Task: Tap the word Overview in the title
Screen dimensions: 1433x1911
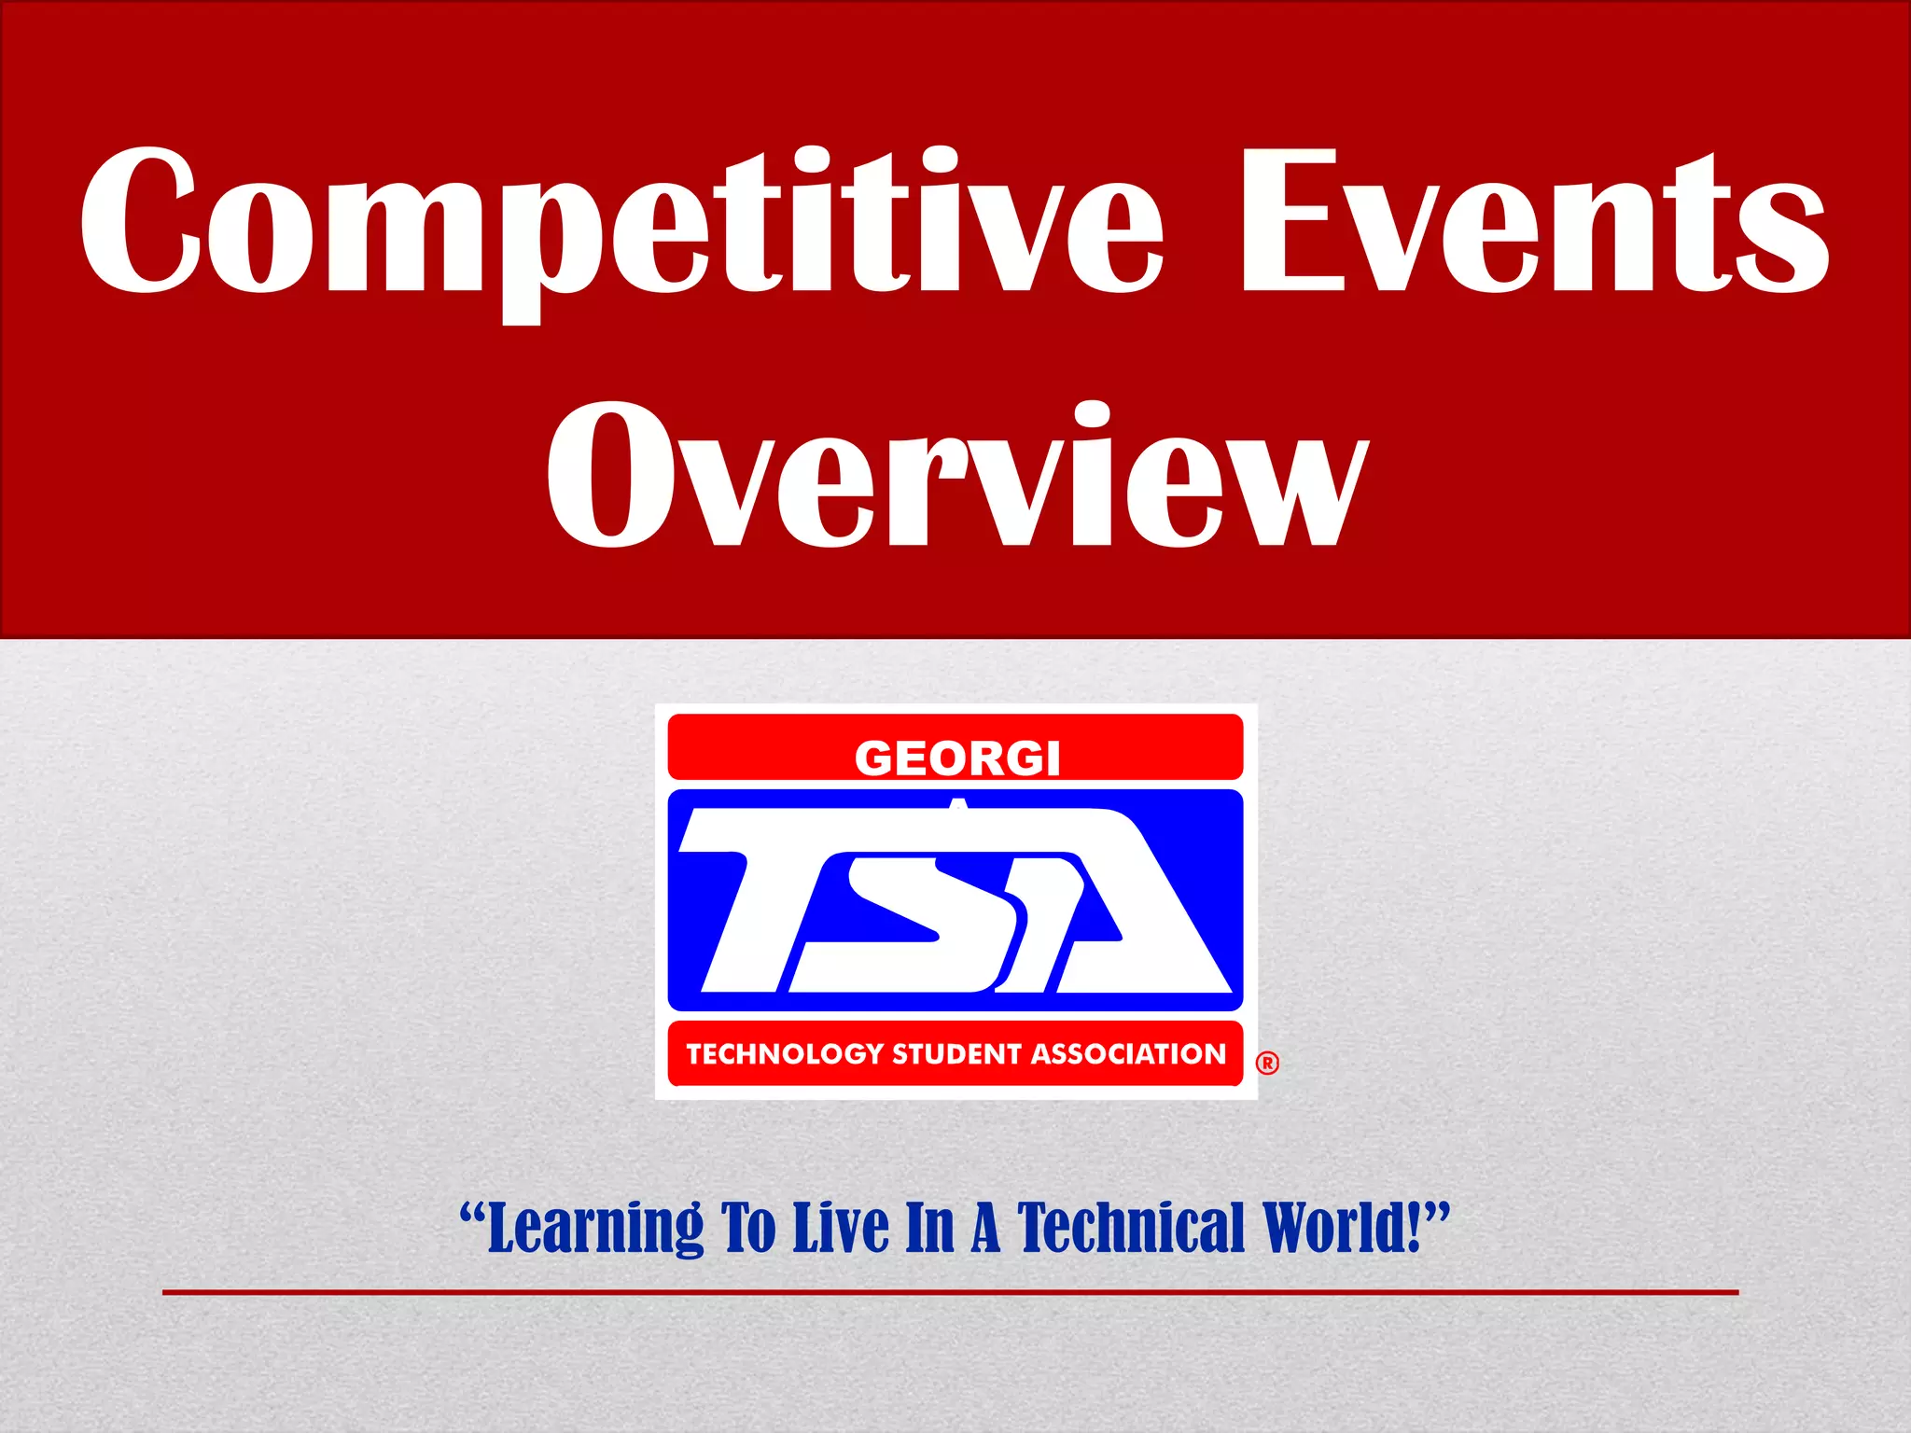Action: (955, 476)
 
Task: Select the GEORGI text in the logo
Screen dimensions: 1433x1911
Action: (957, 758)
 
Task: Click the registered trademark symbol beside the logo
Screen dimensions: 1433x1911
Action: (1267, 1063)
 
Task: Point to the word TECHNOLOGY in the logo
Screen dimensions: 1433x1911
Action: (785, 1054)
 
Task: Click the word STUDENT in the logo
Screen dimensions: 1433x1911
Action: (955, 1054)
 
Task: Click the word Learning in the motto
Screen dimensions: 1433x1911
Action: (594, 1230)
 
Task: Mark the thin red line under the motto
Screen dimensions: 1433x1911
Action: (950, 1292)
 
